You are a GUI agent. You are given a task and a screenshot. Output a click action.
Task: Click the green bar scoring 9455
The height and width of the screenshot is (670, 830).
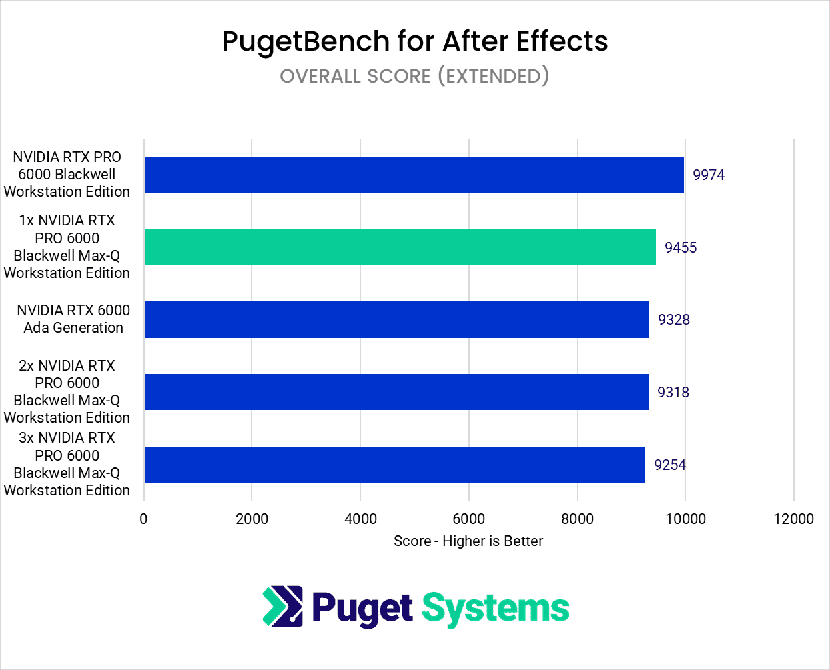(400, 247)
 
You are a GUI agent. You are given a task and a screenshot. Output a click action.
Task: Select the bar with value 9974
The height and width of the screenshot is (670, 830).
(414, 175)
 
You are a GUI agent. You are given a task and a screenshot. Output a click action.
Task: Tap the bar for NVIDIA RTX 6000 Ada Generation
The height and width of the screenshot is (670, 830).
(396, 319)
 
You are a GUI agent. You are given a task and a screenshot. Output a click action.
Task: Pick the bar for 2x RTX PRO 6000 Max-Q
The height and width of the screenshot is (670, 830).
(396, 392)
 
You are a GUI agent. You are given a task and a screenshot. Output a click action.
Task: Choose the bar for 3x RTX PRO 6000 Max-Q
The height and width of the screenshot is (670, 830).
(394, 465)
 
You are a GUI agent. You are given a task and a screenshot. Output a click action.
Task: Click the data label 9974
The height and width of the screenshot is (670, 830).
(708, 175)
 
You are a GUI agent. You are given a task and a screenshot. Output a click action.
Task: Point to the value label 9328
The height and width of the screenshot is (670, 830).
(673, 319)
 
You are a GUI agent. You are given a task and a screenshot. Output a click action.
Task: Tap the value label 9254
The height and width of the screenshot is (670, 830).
(669, 465)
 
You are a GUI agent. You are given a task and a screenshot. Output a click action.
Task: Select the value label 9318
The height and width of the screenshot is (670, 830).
(673, 392)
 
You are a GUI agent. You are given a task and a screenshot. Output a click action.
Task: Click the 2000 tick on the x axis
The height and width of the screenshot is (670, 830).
(252, 519)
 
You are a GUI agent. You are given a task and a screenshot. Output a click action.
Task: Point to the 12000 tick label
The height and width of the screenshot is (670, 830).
(793, 519)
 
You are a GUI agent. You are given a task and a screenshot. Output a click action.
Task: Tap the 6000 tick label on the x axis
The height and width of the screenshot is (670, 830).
(468, 519)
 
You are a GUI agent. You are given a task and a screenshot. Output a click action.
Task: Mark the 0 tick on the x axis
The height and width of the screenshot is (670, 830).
(143, 519)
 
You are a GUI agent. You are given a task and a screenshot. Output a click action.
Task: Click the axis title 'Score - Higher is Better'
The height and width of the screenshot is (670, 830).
(468, 541)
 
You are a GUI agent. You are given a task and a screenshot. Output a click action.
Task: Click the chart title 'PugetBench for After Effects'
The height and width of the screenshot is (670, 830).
(414, 41)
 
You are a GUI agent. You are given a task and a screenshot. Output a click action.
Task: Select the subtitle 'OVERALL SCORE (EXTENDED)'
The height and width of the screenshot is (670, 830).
(414, 76)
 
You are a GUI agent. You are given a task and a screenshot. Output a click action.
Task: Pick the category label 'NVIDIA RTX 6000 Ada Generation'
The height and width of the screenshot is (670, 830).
(73, 319)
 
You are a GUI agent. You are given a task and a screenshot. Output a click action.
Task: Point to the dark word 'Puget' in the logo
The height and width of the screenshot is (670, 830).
(362, 609)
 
